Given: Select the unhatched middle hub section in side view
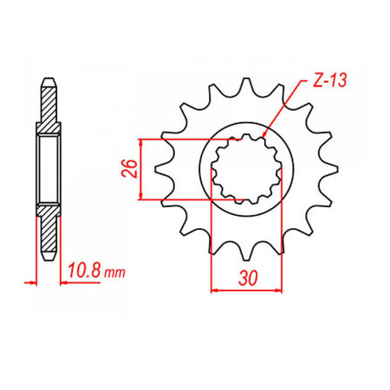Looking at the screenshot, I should point(49,168).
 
